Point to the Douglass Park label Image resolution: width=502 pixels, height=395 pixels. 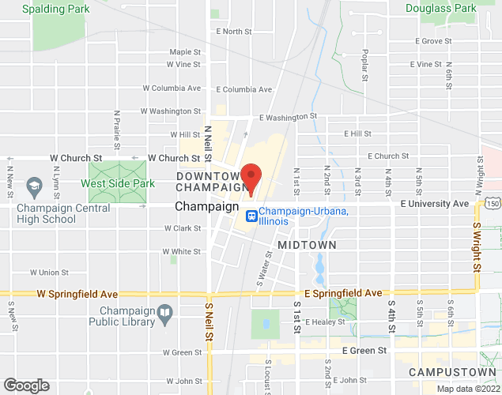pos(441,9)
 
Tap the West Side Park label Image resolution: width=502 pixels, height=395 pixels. pos(116,183)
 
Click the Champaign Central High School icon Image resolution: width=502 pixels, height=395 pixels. pos(34,187)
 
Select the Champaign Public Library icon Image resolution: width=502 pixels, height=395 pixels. pos(164,313)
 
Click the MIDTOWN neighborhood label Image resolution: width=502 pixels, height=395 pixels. pos(307,245)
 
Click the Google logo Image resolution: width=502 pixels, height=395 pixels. pos(25,386)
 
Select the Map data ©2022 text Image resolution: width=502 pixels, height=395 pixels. pos(469,389)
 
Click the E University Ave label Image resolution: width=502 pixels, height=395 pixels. pos(434,204)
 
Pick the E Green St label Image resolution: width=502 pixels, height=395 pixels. pos(364,350)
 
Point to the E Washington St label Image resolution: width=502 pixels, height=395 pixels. pos(288,116)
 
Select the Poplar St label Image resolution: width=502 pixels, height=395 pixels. pos(365,66)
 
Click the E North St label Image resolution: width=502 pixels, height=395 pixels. pos(233,32)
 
